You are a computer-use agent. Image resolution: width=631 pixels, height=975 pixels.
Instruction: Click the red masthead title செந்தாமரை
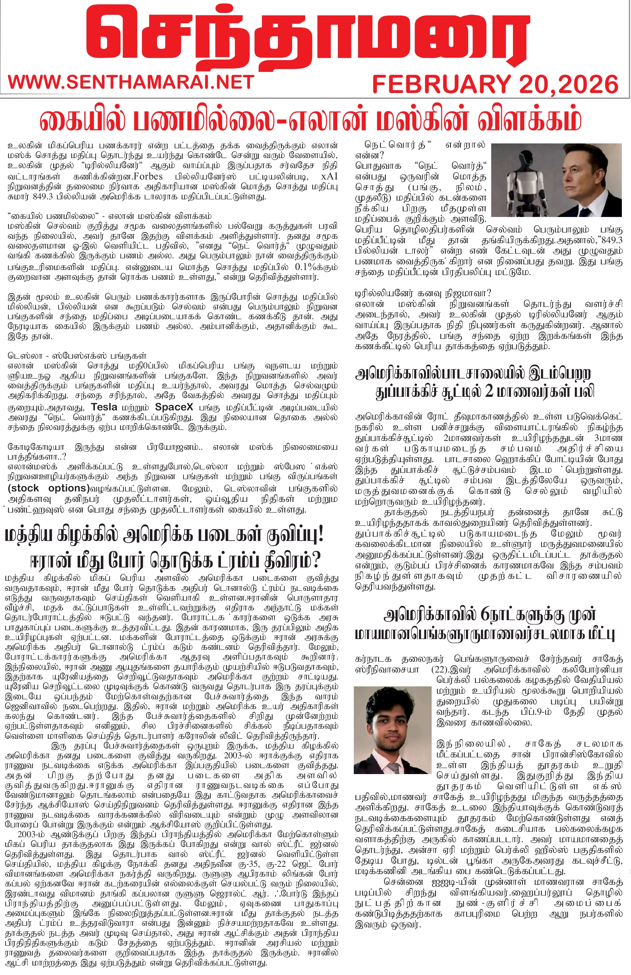(307, 39)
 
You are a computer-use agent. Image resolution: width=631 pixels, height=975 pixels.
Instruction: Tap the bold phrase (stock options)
(48, 488)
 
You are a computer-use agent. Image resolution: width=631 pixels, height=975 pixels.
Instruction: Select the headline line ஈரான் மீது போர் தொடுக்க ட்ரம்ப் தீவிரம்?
(175, 560)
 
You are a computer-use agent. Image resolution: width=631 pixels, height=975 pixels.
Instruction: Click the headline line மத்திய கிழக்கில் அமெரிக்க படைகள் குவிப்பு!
(164, 535)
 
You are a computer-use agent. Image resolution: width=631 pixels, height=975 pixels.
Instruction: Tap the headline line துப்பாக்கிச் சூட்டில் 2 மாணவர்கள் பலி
(485, 391)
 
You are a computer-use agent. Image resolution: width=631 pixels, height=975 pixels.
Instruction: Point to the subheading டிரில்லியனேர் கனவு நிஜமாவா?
(423, 293)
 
